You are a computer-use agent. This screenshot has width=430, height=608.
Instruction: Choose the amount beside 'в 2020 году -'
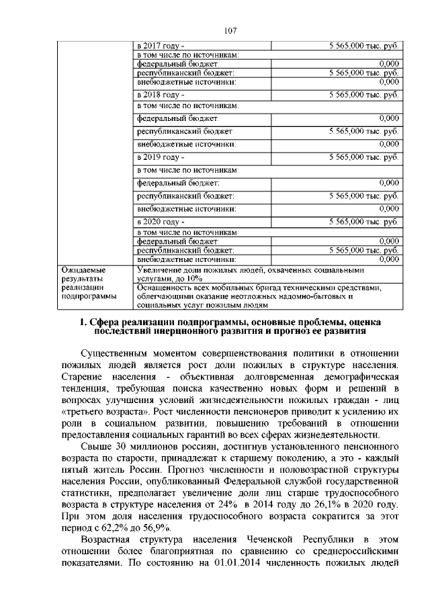point(364,221)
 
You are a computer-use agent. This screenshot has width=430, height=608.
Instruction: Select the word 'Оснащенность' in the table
point(163,288)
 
